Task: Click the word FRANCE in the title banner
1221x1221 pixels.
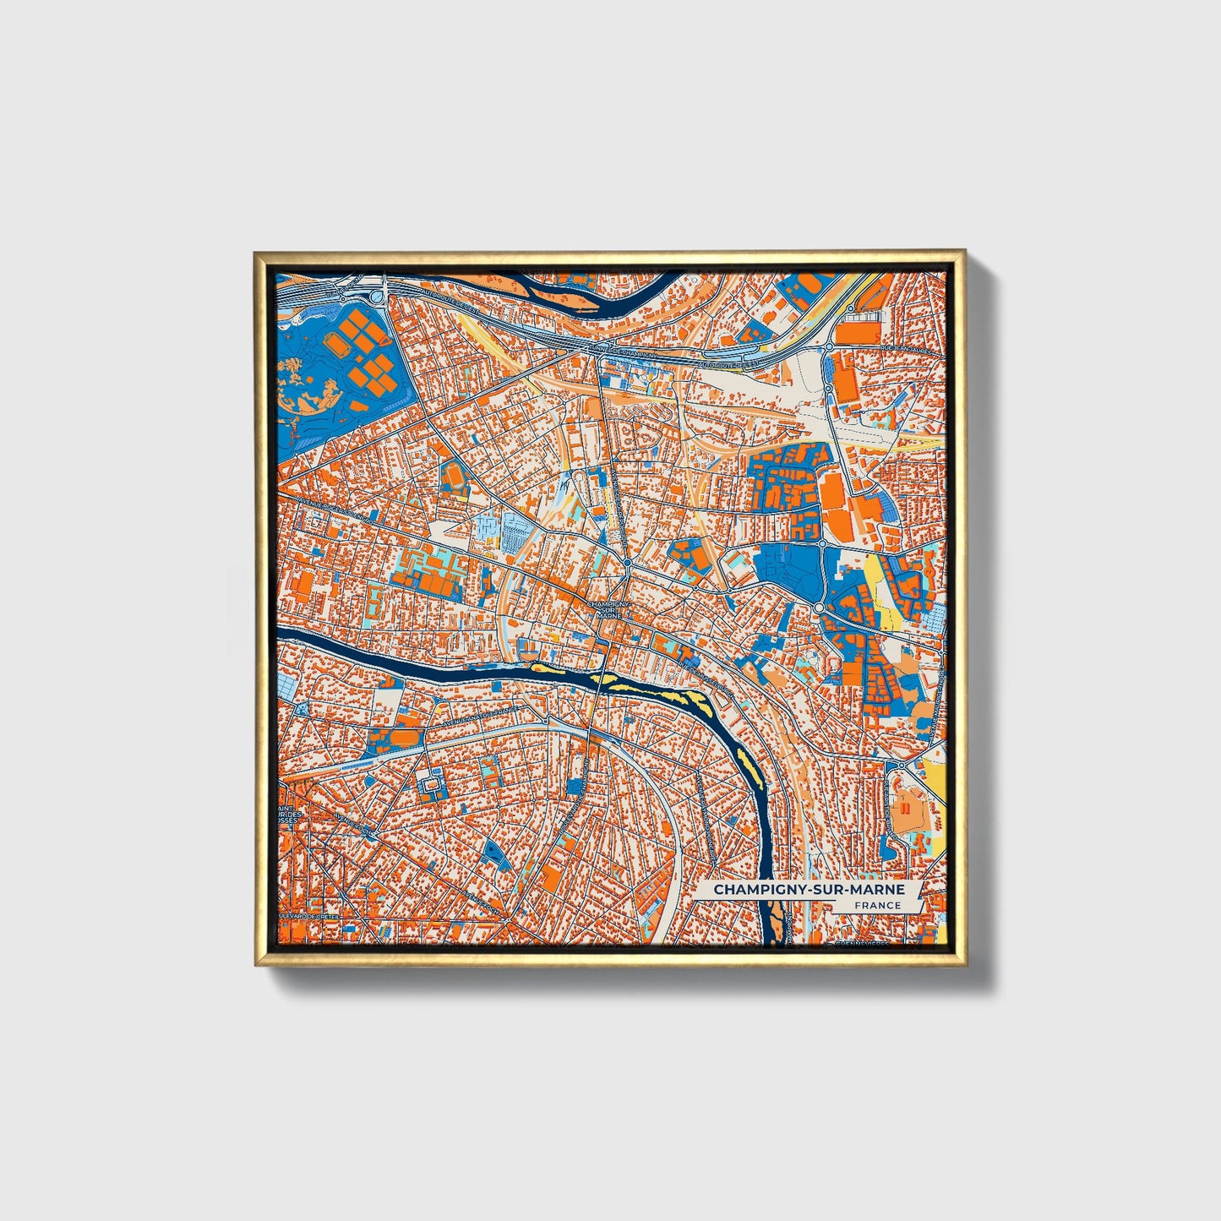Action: pyautogui.click(x=877, y=905)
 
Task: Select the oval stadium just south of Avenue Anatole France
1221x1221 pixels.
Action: pyautogui.click(x=433, y=787)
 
